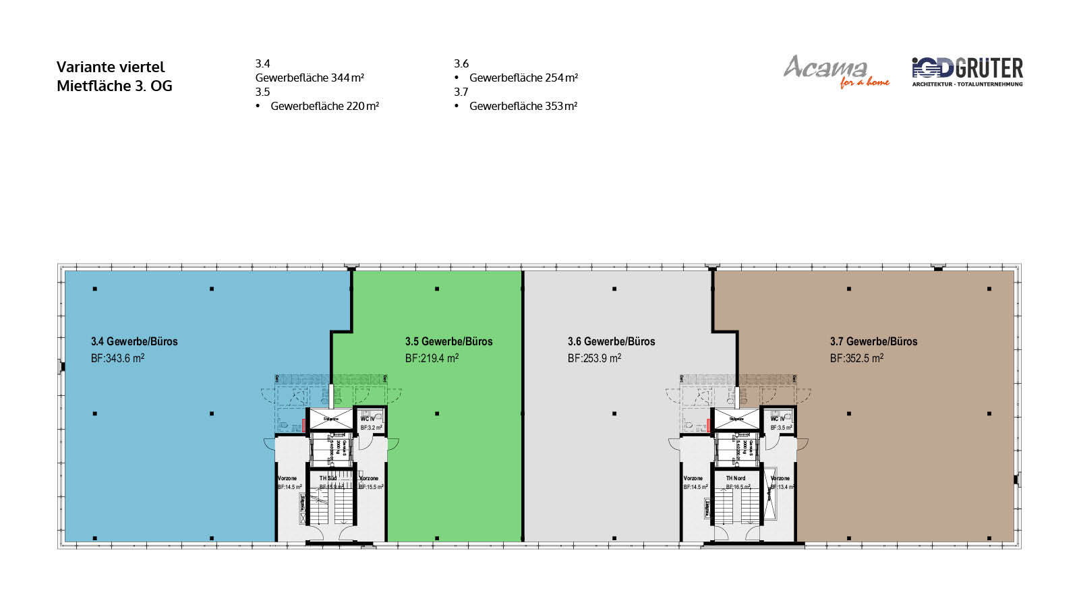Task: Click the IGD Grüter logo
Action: [967, 71]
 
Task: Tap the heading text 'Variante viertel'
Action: [111, 67]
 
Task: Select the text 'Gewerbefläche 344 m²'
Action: [310, 78]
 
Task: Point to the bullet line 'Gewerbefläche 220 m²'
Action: [324, 106]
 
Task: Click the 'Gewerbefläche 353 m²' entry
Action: [523, 106]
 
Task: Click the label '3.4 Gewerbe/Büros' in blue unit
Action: [134, 341]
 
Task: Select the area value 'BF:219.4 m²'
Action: [432, 358]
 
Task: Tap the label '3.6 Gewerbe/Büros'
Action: [611, 341]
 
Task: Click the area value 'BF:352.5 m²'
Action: [856, 358]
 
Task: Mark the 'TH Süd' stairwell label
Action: [328, 478]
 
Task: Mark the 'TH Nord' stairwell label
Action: [735, 478]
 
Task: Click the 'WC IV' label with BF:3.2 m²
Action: [368, 419]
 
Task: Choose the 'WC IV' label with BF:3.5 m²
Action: [778, 419]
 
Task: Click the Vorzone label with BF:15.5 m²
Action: [369, 478]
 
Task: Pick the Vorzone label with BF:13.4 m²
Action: [780, 478]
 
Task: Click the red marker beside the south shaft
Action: [304, 425]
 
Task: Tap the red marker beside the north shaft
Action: [708, 425]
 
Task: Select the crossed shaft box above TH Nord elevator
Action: [736, 418]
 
